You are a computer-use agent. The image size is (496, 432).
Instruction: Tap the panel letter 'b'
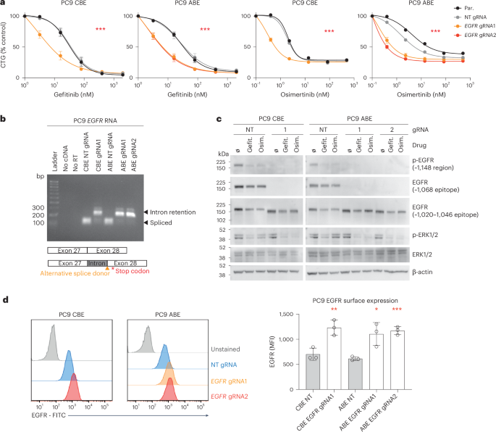coord(5,115)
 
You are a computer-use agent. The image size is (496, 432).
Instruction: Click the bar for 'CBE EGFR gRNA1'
coord(353,357)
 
